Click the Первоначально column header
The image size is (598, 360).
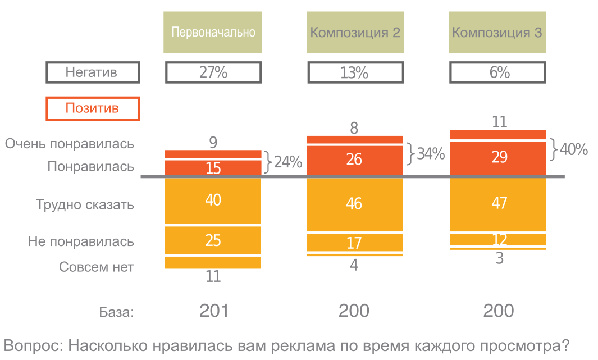coord(213,32)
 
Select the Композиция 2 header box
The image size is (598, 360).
coord(355,32)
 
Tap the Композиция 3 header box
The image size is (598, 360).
coord(497,32)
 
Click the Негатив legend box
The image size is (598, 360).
coord(92,72)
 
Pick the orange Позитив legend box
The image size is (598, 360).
coord(92,108)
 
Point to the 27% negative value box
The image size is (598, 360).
coord(213,72)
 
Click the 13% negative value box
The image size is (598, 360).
coord(355,72)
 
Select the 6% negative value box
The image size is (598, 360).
coord(497,72)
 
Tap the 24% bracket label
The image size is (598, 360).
coord(287,163)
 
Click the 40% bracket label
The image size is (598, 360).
coord(573,150)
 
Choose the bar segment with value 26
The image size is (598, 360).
coord(355,160)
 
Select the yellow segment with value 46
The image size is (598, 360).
coord(355,203)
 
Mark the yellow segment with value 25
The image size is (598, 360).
coord(213,240)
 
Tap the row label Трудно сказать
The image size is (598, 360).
coord(85,204)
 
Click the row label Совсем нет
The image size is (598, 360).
coord(97,267)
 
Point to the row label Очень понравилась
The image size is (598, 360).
coord(70,144)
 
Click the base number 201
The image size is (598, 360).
coord(213,311)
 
